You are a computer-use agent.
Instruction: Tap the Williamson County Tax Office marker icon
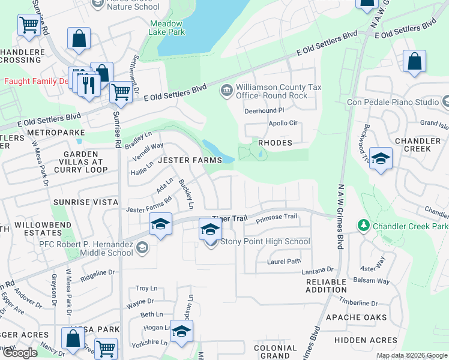(226, 91)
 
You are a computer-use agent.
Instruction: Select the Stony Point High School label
(265, 242)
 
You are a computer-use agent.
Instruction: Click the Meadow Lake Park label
(167, 28)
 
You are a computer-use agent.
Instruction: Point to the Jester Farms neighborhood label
(191, 160)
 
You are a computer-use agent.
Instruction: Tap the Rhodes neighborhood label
(275, 143)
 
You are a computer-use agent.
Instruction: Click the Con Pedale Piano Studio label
(393, 102)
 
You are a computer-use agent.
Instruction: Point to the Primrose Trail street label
(276, 217)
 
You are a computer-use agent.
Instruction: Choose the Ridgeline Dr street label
(97, 272)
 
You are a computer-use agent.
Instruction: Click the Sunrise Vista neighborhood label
(85, 203)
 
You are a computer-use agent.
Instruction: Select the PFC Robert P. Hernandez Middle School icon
(142, 247)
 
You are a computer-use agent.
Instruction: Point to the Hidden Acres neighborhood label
(366, 340)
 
